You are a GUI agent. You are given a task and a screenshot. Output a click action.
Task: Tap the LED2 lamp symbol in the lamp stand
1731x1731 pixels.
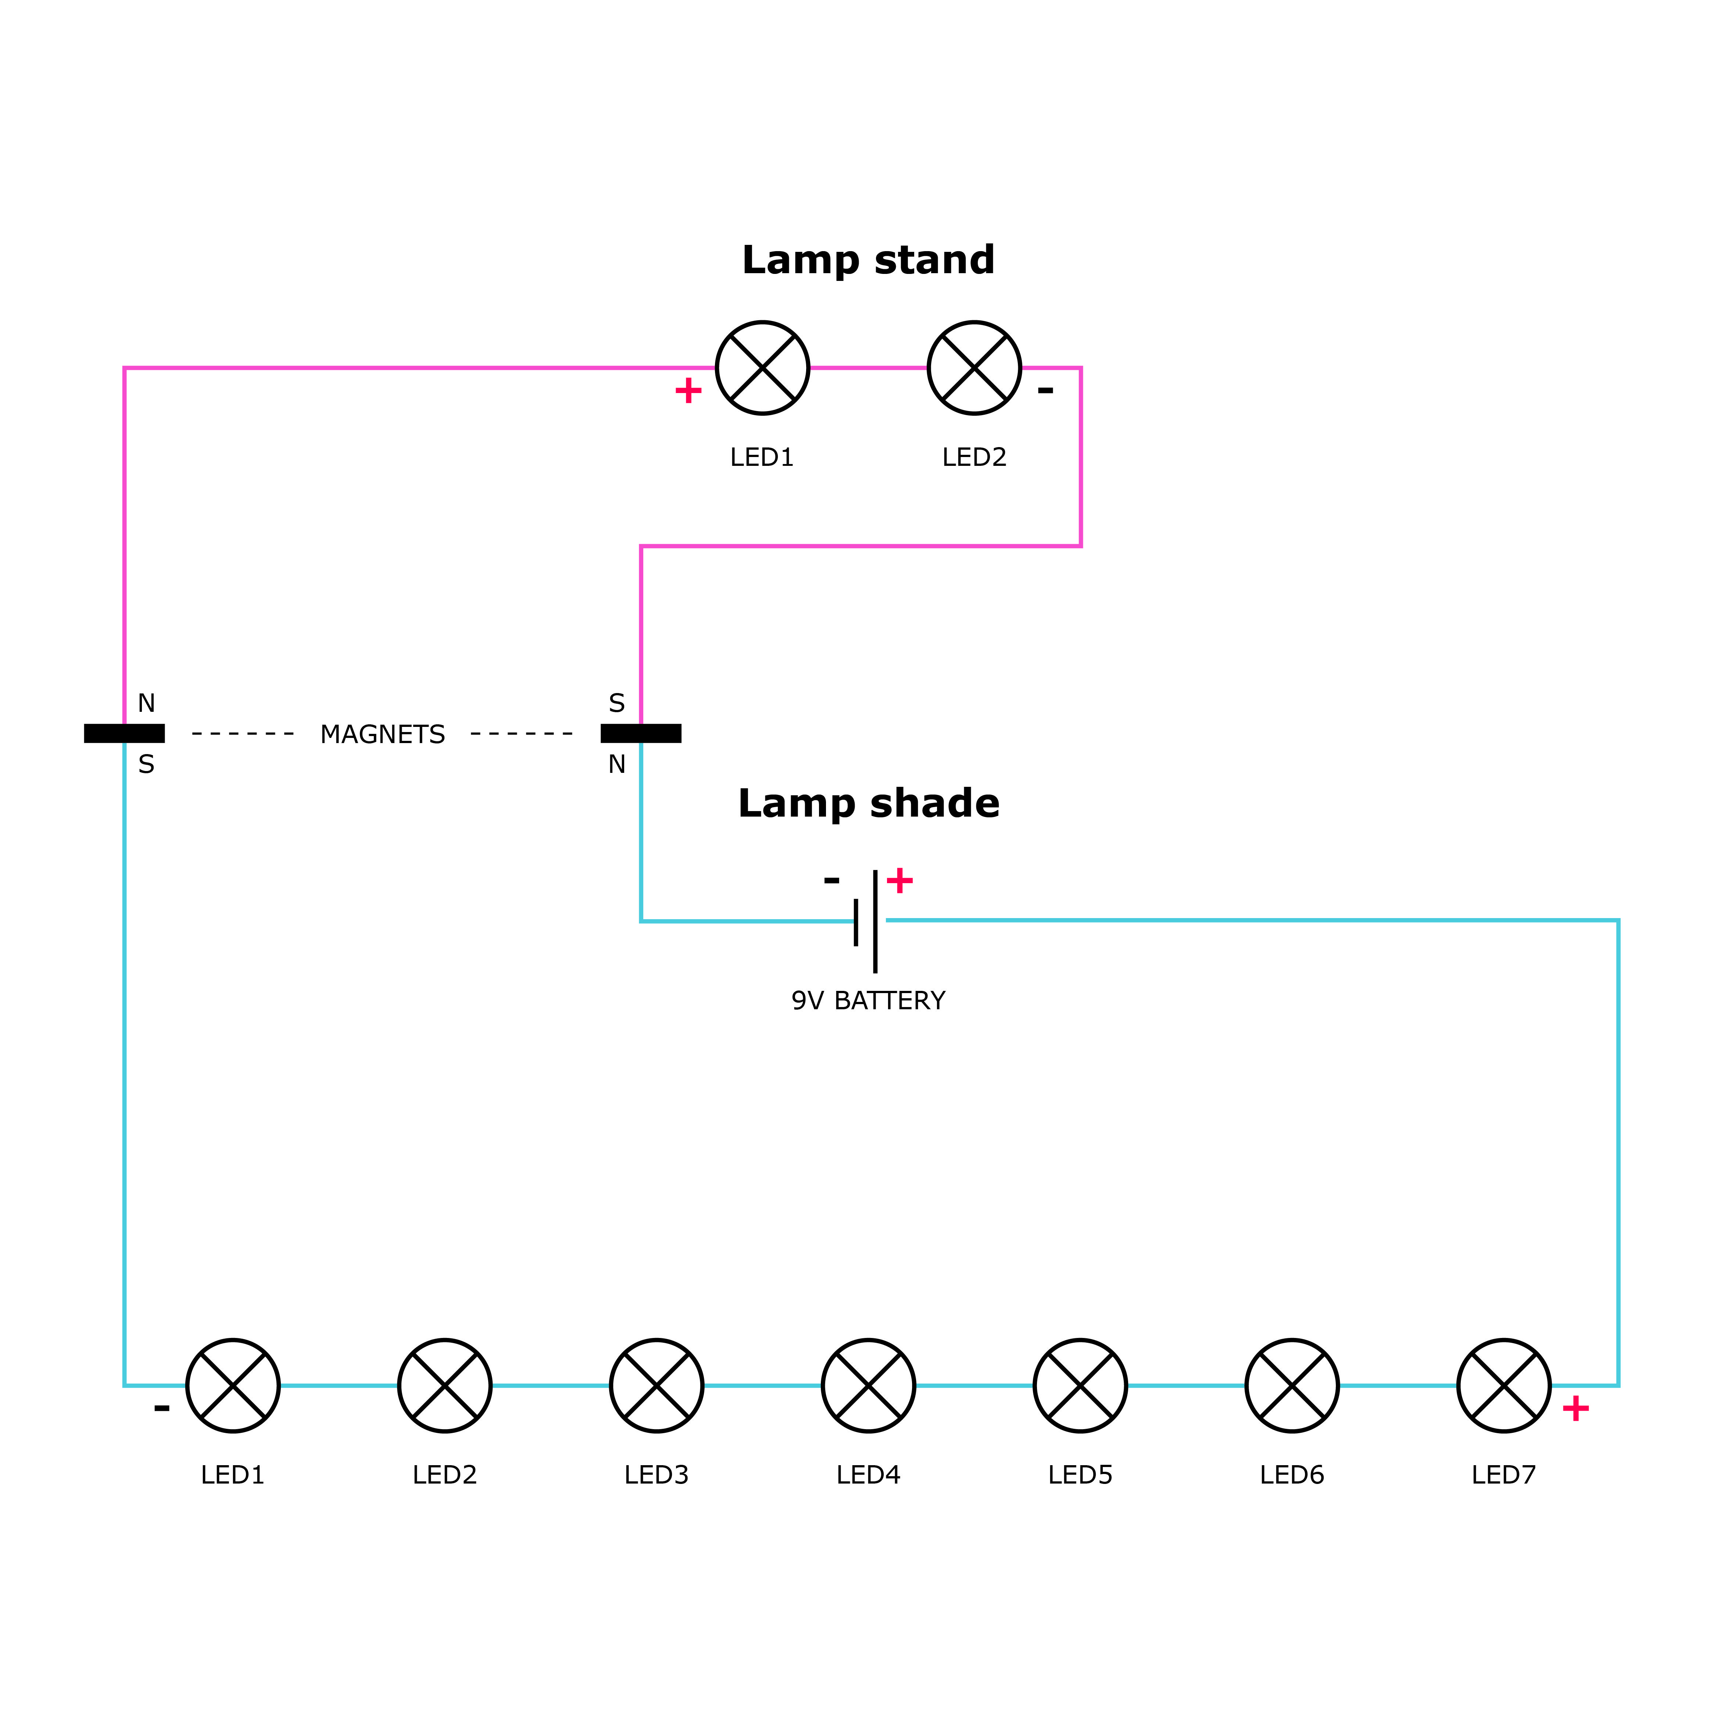point(974,367)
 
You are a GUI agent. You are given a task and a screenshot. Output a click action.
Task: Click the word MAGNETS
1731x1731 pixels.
point(383,735)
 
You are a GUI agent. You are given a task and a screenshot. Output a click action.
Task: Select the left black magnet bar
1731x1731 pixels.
point(125,734)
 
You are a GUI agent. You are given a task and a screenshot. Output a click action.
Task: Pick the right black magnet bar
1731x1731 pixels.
point(641,734)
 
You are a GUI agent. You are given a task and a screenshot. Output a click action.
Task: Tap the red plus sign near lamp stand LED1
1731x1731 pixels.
point(688,390)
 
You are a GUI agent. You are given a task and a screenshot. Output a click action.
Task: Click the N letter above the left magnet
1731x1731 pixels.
point(146,703)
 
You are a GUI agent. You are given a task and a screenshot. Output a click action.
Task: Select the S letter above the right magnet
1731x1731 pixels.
point(616,703)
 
